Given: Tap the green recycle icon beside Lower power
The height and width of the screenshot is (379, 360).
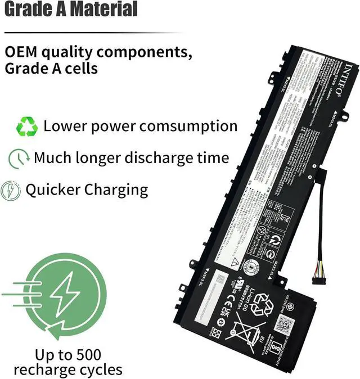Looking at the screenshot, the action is pyautogui.click(x=26, y=127).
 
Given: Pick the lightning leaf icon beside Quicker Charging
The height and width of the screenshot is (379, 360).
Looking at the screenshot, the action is pyautogui.click(x=11, y=189).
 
